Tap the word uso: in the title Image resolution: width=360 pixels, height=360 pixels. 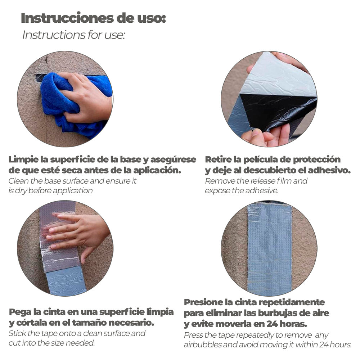coord(152,18)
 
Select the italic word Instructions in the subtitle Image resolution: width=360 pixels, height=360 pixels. coord(54,35)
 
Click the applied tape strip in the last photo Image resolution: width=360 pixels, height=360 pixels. coord(269,249)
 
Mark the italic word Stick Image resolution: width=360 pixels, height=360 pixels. coord(17,333)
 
